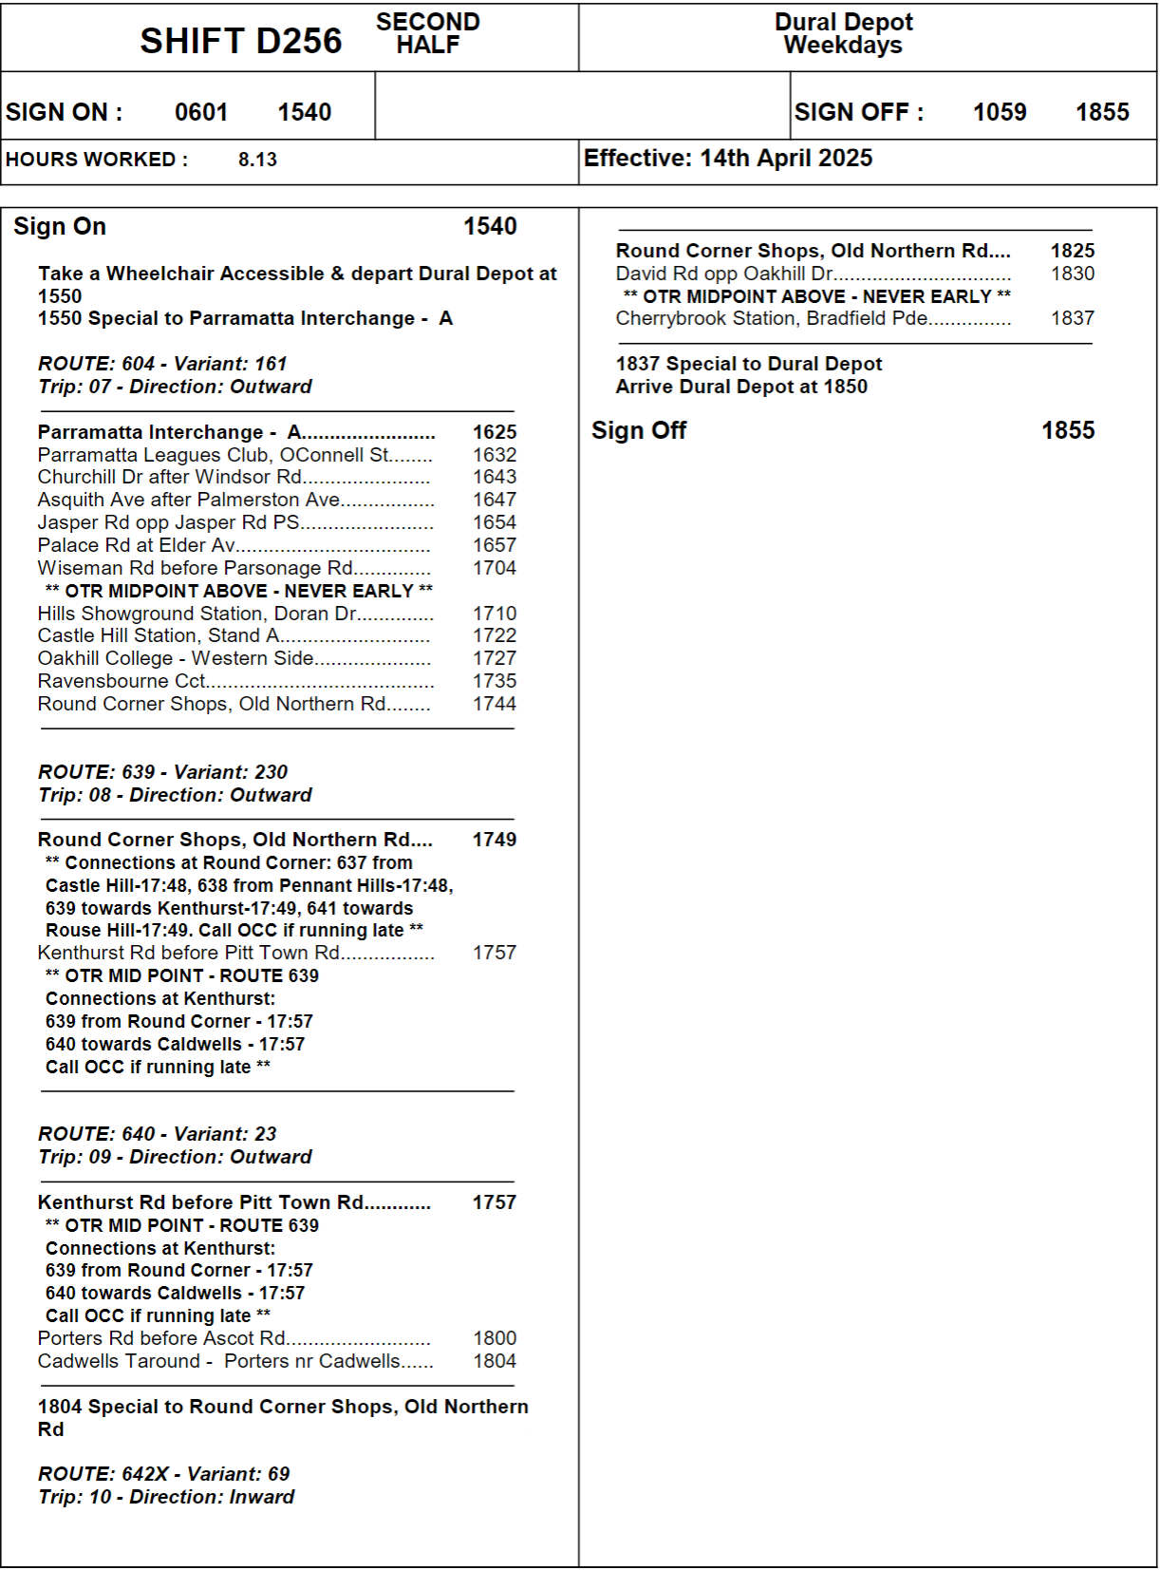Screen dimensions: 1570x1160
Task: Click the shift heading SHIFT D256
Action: pyautogui.click(x=240, y=41)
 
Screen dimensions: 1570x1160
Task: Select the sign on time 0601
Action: pyautogui.click(x=201, y=112)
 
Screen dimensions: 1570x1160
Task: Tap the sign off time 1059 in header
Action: pyautogui.click(x=999, y=112)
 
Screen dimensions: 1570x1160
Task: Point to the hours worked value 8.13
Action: pyautogui.click(x=257, y=160)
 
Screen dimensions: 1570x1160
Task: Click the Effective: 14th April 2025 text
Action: pyautogui.click(x=727, y=159)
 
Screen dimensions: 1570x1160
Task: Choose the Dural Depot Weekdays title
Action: pyautogui.click(x=843, y=34)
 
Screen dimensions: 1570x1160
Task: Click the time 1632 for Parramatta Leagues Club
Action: pyautogui.click(x=495, y=455)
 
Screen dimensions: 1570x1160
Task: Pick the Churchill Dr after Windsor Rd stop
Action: pyautogui.click(x=170, y=477)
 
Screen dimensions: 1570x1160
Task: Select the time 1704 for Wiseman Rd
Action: pyautogui.click(x=495, y=568)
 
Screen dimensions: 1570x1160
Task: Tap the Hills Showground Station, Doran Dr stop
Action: pyautogui.click(x=196, y=614)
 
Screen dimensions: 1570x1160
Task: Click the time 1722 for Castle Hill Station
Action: pyautogui.click(x=495, y=635)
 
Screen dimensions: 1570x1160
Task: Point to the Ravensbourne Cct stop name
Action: pyautogui.click(x=122, y=681)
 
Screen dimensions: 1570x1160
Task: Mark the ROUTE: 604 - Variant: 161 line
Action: pyautogui.click(x=162, y=364)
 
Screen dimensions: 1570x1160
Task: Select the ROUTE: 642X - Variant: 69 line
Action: pyautogui.click(x=163, y=1474)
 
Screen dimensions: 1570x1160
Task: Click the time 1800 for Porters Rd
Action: pyautogui.click(x=495, y=1338)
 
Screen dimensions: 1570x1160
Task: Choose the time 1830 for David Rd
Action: pyautogui.click(x=1072, y=274)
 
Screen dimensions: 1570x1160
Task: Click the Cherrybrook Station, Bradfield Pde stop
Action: pyautogui.click(x=772, y=318)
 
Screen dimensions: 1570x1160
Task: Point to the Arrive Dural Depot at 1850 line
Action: pyautogui.click(x=740, y=387)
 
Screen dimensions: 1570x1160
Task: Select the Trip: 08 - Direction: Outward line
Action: pyautogui.click(x=175, y=795)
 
